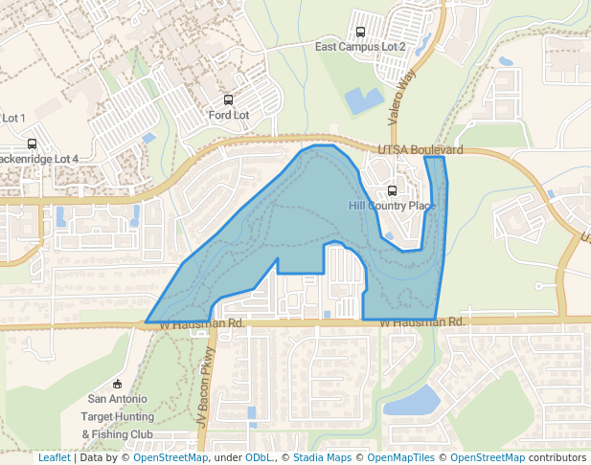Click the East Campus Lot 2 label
point(360,46)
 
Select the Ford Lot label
point(228,115)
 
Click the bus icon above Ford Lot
point(228,100)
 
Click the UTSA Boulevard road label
point(421,150)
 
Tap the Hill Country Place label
point(392,206)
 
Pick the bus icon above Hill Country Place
point(392,190)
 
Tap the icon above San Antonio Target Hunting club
point(117,383)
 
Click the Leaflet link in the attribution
point(54,457)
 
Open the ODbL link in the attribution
point(258,457)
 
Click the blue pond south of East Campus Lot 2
point(363,100)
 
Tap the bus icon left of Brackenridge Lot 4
point(32,144)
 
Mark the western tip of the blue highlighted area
point(147,321)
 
